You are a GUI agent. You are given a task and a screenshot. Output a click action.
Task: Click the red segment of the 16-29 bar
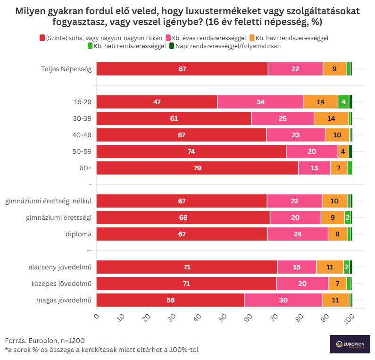click(x=157, y=102)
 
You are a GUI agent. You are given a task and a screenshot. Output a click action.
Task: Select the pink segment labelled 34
click(x=260, y=102)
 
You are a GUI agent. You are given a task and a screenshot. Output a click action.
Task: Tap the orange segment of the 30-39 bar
click(x=331, y=118)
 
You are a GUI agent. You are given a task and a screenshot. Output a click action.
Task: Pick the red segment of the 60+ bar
click(x=197, y=168)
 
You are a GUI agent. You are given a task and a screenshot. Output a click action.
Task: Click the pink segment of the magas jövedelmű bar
click(x=283, y=300)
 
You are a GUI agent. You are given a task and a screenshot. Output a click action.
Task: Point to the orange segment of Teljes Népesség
click(x=334, y=69)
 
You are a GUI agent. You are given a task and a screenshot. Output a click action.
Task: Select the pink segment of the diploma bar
click(x=298, y=234)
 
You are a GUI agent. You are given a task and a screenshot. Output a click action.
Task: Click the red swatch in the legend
click(x=42, y=37)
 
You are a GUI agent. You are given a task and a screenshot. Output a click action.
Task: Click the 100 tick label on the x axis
click(x=350, y=318)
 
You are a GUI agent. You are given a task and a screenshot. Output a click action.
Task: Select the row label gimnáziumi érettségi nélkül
click(x=48, y=201)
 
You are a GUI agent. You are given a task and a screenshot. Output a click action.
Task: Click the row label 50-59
click(x=83, y=151)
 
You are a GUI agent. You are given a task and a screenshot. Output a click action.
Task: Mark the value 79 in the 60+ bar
click(x=197, y=168)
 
